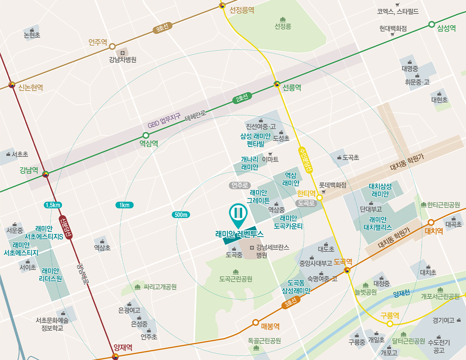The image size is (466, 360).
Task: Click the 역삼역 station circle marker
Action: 146,135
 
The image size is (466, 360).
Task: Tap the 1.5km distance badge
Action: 53,205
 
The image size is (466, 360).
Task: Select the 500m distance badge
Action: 181,215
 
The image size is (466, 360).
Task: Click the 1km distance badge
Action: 124,205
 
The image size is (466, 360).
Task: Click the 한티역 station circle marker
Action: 319,198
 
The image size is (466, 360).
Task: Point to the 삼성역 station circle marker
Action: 431,25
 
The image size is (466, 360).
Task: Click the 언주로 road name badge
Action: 240,185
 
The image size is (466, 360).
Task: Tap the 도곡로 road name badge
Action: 306,203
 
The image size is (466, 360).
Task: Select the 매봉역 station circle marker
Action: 255,322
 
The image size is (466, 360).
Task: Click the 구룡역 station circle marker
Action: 389,324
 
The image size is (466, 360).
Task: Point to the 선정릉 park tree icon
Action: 283,19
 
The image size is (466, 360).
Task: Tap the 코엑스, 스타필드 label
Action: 398,12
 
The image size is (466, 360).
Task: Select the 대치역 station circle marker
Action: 431,222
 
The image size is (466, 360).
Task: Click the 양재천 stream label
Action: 401,293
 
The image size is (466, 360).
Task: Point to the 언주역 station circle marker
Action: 112,46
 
